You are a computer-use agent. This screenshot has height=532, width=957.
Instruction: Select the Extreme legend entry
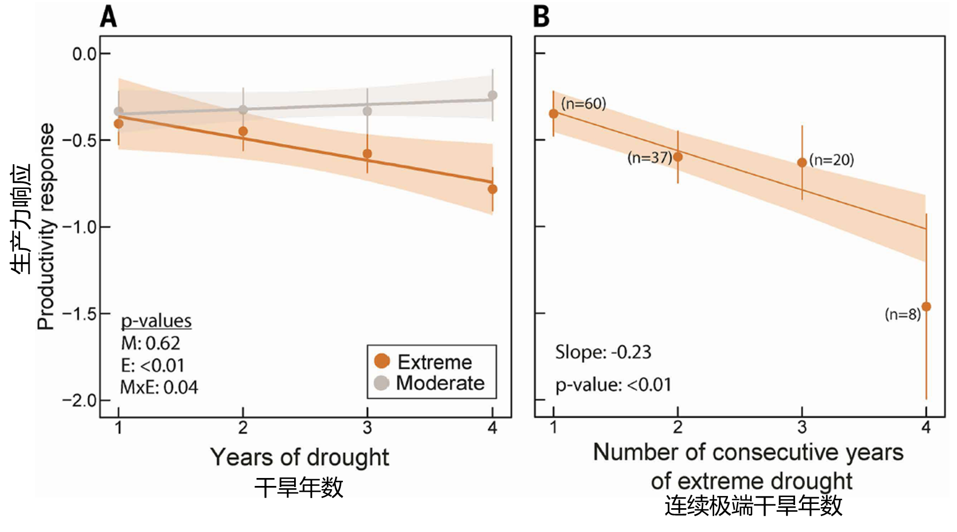(x=424, y=362)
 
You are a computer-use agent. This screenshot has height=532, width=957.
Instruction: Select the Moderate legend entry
(x=429, y=383)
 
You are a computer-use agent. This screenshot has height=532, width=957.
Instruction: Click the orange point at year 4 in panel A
(x=493, y=189)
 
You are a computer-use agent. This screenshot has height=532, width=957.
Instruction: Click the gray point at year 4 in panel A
(x=493, y=95)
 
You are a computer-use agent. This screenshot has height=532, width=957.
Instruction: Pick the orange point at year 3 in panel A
(x=367, y=154)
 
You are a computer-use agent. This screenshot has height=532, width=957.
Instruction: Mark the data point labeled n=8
(x=926, y=306)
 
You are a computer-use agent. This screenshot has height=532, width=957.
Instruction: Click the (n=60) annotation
(x=584, y=104)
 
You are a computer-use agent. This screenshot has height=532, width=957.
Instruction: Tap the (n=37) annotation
(x=650, y=158)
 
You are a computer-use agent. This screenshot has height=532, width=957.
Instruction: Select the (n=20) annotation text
(x=832, y=160)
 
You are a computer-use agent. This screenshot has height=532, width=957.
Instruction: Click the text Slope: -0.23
(x=603, y=353)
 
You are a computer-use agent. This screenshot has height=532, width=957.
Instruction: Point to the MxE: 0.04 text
(x=159, y=387)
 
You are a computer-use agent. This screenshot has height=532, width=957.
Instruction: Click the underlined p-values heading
(x=156, y=321)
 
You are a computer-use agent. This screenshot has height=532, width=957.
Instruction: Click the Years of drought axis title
(x=299, y=457)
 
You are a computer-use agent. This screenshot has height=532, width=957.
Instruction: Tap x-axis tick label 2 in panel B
(x=678, y=427)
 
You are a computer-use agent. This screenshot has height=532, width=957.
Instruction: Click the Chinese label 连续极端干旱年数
(x=753, y=506)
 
